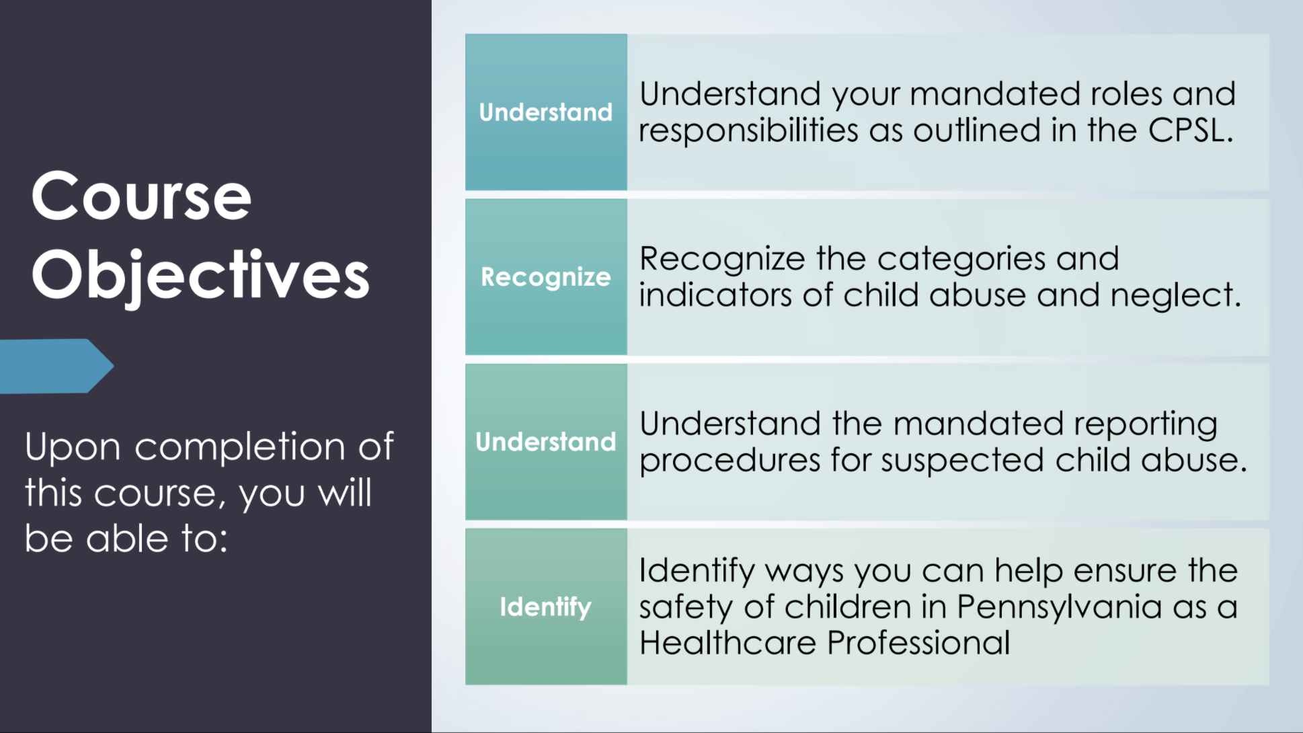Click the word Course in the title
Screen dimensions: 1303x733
141,196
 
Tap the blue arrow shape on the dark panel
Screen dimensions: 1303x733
57,366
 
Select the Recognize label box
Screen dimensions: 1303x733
546,277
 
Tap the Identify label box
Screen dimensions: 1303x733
546,607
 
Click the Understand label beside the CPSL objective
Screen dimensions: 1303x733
546,112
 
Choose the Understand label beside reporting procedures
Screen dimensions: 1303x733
546,442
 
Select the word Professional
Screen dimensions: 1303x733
918,642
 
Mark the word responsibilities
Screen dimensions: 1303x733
748,130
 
